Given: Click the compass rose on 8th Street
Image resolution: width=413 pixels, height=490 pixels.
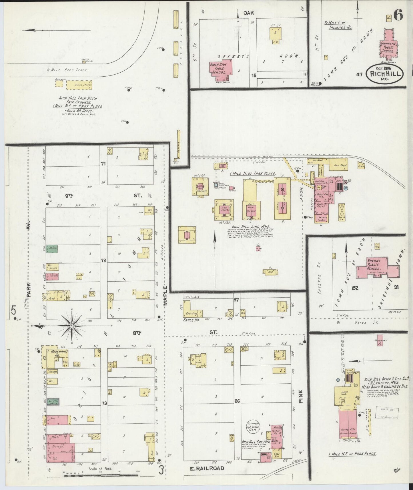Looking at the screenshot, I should [71, 326].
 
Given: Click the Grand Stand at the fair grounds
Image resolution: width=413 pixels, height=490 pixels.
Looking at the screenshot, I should [79, 85].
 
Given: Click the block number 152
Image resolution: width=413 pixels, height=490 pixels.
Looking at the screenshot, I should [354, 288].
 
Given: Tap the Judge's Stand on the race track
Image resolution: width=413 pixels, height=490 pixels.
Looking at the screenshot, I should [84, 61].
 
